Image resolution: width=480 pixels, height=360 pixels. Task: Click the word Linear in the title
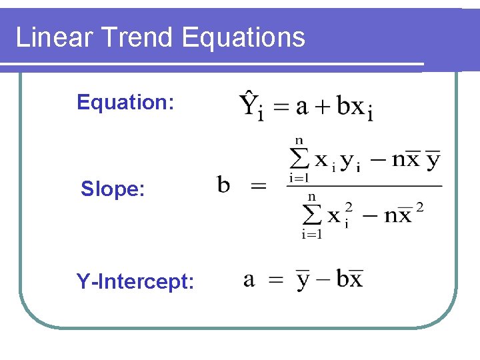[45, 37]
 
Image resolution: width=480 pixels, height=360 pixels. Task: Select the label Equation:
[126, 102]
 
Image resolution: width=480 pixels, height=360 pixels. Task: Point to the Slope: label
[113, 189]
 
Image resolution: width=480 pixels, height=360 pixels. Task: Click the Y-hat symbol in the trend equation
[249, 105]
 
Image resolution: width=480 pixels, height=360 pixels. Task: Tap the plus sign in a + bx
[323, 107]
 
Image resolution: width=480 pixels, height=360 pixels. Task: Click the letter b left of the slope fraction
[225, 184]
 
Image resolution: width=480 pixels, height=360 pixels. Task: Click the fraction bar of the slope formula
[364, 186]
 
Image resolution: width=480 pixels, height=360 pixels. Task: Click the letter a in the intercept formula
[249, 279]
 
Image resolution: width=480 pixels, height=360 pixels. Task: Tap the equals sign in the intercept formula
[275, 280]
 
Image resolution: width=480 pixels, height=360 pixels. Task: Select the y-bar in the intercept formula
[303, 280]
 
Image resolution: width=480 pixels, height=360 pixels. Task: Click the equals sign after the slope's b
[257, 187]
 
